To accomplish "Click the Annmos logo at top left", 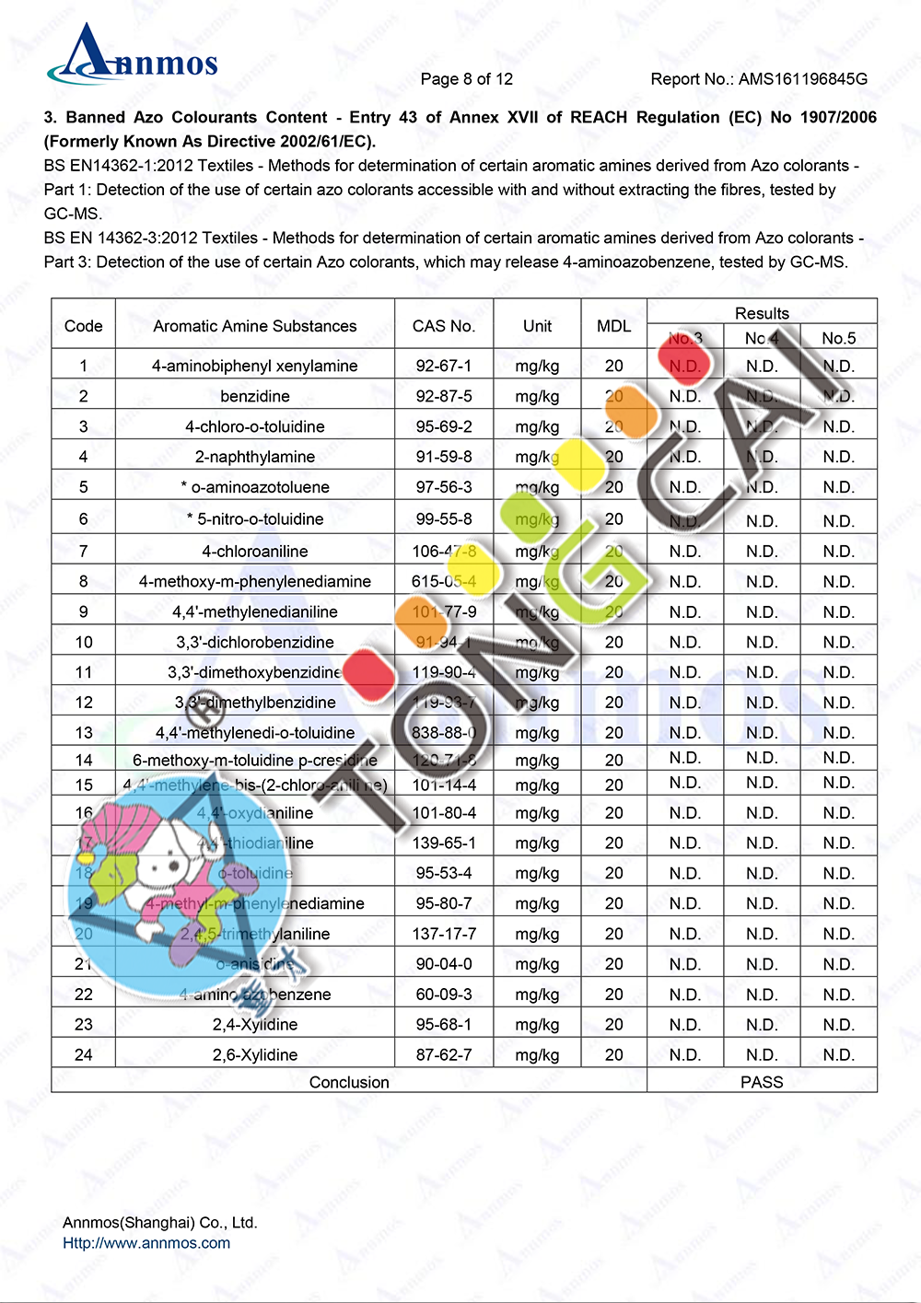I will [134, 55].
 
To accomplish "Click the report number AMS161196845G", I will [758, 79].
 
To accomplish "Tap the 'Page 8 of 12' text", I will [466, 79].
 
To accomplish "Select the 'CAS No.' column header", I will [443, 326].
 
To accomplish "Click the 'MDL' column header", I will [613, 326].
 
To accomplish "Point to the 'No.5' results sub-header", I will [838, 338].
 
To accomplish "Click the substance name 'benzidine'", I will [255, 396].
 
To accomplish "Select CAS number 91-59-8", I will [443, 457].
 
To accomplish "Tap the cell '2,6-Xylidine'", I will [255, 1054].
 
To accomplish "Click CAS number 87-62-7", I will [443, 1054].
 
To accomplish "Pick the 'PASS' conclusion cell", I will [762, 1082].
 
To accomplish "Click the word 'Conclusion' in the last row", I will [349, 1082].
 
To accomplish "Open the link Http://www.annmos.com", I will [146, 1243].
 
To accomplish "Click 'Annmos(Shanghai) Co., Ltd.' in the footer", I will [159, 1223].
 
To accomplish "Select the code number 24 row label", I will [84, 1054].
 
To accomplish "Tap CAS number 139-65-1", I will [444, 843].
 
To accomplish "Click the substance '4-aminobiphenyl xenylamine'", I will [255, 366].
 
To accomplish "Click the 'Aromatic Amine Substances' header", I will [255, 326].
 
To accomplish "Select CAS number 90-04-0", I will [444, 964].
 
